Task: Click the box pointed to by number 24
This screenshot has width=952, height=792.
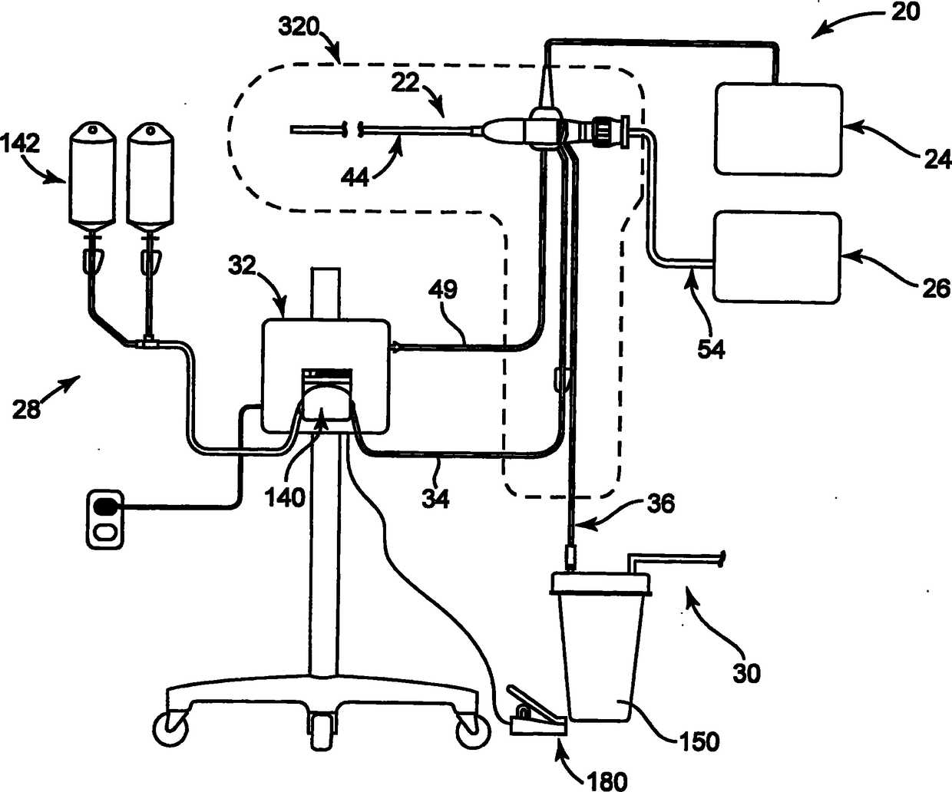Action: click(778, 129)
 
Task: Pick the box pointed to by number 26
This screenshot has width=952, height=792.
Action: click(776, 257)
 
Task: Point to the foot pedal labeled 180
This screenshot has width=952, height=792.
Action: click(536, 710)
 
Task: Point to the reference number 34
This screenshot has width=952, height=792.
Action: click(435, 500)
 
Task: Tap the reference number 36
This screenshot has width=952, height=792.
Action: click(660, 503)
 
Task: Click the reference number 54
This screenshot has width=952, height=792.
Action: click(710, 349)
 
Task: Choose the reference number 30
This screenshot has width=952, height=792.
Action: click(745, 673)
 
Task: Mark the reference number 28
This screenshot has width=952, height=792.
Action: click(26, 410)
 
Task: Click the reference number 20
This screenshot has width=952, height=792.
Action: click(906, 13)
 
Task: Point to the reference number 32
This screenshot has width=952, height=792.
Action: click(244, 268)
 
